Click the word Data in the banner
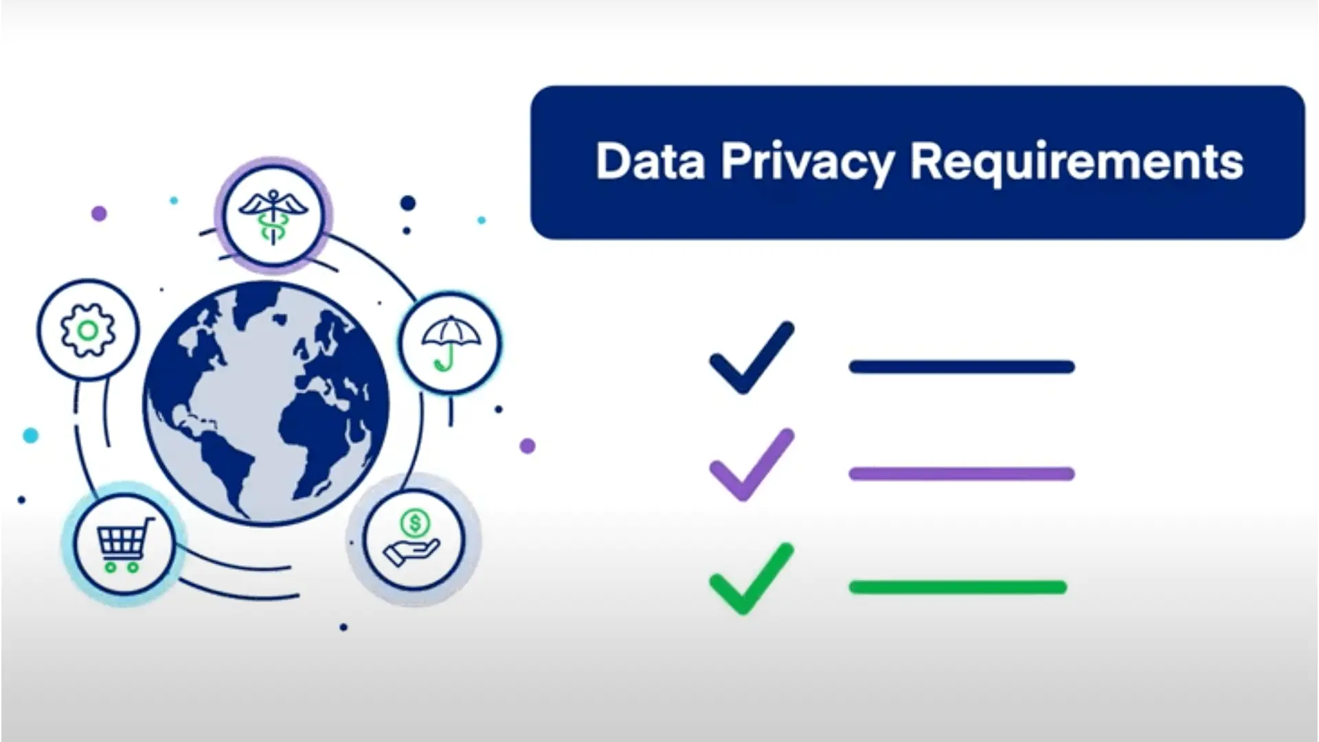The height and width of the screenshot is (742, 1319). (x=650, y=162)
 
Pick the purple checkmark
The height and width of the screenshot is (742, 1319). (x=751, y=465)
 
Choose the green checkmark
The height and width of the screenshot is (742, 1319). (x=751, y=579)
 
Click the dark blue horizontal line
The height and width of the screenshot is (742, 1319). (x=961, y=367)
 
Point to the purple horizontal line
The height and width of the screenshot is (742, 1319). (x=961, y=473)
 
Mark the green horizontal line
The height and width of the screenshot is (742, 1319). (x=958, y=587)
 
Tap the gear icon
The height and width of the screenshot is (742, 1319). (x=87, y=330)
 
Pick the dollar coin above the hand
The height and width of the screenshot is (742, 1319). (x=414, y=524)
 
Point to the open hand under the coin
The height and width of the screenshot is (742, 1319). (x=411, y=553)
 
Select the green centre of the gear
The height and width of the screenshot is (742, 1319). (x=87, y=330)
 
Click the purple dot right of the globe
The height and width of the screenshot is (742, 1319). (x=527, y=446)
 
